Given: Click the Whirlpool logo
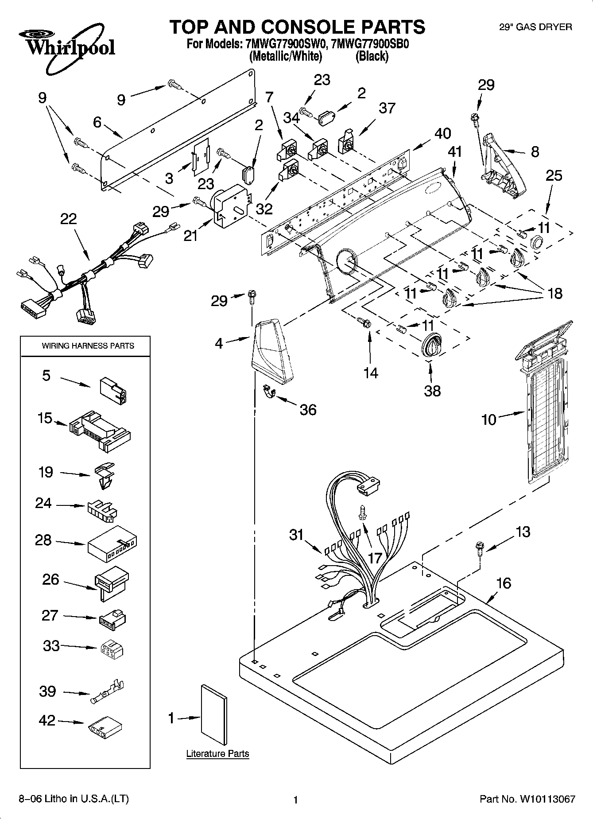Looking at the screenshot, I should [66, 49].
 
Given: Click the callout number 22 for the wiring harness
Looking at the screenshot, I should [68, 219].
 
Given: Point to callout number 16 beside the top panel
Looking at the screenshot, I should [504, 583].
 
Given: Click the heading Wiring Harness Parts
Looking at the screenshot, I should [88, 345].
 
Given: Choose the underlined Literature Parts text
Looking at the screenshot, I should [217, 753].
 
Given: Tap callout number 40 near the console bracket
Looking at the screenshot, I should [443, 133].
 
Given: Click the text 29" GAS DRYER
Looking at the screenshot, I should [535, 27].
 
